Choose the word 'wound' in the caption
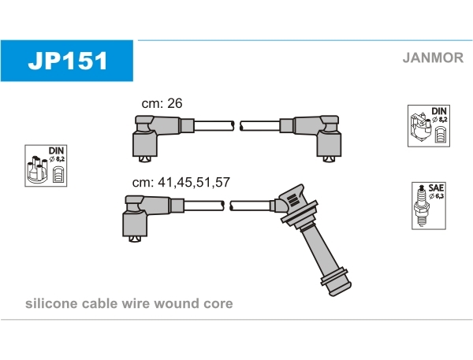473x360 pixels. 180,303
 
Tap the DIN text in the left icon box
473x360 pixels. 56,150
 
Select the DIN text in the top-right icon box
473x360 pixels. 439,112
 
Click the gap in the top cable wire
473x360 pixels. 237,126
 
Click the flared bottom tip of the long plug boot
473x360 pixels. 334,280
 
